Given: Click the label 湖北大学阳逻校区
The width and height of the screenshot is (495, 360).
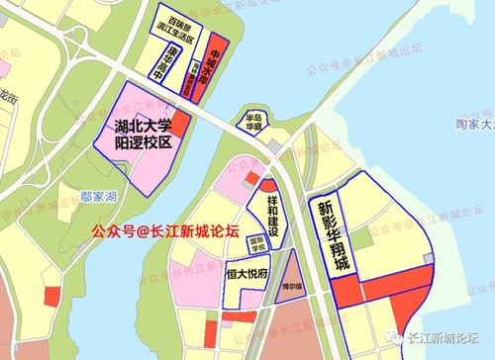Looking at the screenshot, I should point(144,133).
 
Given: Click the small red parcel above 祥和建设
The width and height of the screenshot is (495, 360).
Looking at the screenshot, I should point(251,178).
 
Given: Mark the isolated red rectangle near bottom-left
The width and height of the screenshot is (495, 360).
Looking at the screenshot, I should point(51,296).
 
